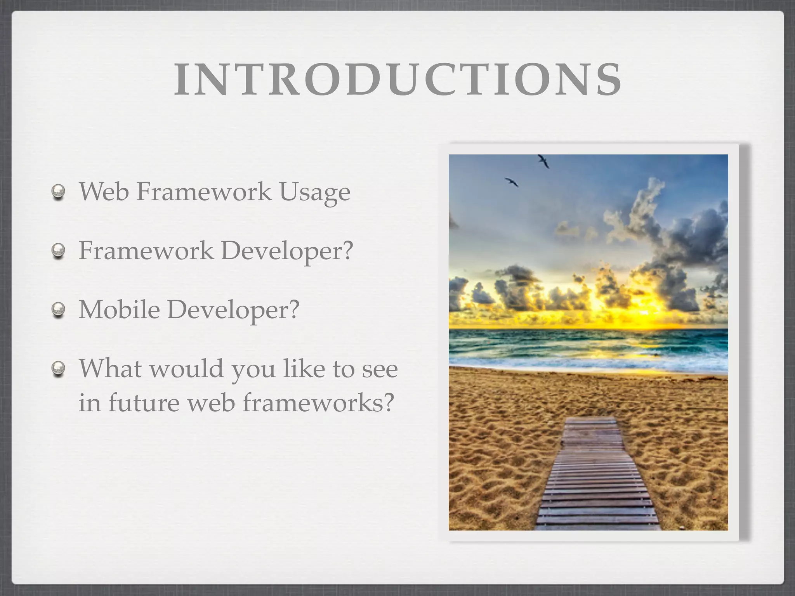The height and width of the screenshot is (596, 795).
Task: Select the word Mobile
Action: pos(119,309)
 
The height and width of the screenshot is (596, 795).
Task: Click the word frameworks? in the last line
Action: pos(318,402)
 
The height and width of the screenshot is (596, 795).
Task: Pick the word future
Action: pos(144,402)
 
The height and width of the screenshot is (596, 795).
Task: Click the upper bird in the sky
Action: pos(543,161)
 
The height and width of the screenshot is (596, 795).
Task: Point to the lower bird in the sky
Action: pos(512,182)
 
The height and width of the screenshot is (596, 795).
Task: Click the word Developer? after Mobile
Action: pos(233,310)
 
